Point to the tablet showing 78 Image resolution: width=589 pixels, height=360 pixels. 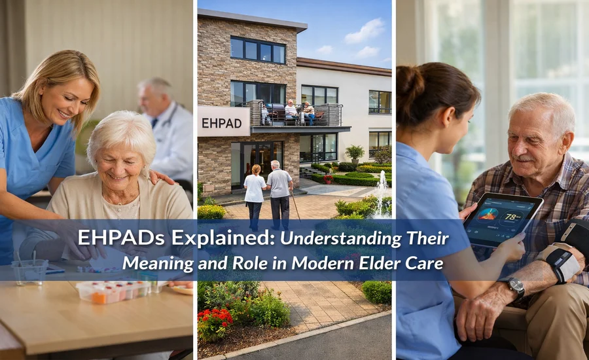pyautogui.click(x=503, y=220)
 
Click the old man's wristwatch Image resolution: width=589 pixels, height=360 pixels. pyautogui.click(x=516, y=287)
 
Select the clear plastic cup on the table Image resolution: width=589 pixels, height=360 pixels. pyautogui.click(x=29, y=271)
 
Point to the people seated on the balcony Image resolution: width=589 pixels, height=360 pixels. pyautogui.click(x=298, y=112)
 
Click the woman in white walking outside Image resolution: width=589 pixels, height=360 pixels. pyautogui.click(x=255, y=192)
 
